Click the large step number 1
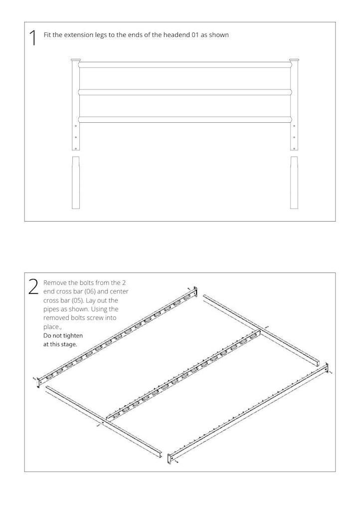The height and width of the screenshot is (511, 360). (33, 37)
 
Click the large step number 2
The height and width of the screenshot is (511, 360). (33, 287)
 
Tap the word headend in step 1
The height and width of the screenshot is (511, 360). (176, 35)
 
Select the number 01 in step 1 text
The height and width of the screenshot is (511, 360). (195, 35)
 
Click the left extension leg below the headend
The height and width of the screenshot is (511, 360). (75, 183)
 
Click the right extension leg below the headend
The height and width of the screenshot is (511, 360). (294, 183)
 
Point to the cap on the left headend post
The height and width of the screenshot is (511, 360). (75, 60)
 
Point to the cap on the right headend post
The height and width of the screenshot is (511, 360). (294, 60)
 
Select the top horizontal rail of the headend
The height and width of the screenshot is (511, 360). (184, 65)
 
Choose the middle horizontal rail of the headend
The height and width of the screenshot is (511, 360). (184, 92)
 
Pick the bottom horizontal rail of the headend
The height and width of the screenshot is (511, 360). (184, 120)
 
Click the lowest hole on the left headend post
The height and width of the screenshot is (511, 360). (76, 149)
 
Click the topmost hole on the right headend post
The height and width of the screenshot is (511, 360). (294, 126)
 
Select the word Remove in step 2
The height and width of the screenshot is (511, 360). (53, 282)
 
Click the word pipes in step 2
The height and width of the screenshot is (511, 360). (50, 309)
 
